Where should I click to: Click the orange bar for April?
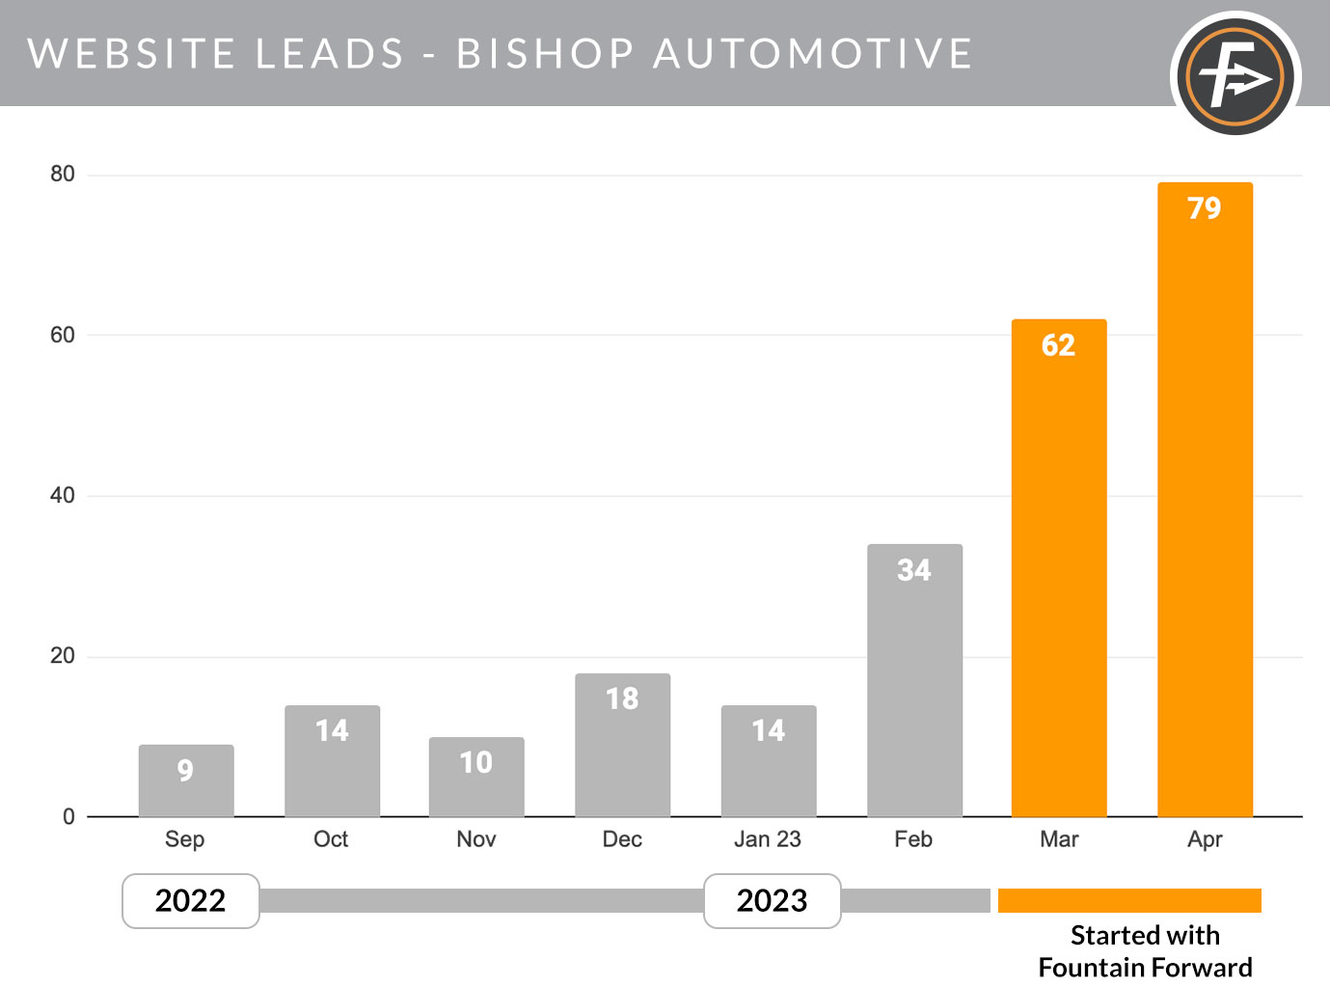(x=1205, y=502)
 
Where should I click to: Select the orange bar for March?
(x=1058, y=569)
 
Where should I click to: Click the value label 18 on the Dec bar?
(x=622, y=699)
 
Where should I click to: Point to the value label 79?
(x=1205, y=208)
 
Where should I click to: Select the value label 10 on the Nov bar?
(x=476, y=762)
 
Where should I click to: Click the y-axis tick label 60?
(x=63, y=335)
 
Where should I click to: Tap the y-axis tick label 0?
(x=68, y=816)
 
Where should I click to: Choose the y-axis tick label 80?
(x=63, y=174)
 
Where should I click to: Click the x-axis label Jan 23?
(x=768, y=839)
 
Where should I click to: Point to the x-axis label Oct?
(x=331, y=839)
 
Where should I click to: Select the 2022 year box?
(x=191, y=901)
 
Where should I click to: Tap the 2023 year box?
(x=773, y=901)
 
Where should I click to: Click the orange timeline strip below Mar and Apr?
(x=1129, y=900)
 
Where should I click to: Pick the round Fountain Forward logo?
(x=1235, y=75)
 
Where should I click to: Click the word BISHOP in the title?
(x=545, y=54)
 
